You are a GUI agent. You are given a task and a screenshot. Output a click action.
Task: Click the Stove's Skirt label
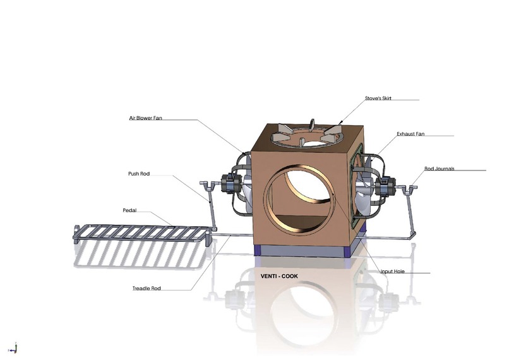(x=380, y=99)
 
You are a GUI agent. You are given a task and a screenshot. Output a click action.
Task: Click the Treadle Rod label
(x=147, y=288)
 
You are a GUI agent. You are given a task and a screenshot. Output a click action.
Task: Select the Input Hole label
(x=393, y=272)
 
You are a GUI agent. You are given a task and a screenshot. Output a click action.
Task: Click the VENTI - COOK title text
(x=278, y=276)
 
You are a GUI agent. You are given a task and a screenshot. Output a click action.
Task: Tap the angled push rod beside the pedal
(x=212, y=205)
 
